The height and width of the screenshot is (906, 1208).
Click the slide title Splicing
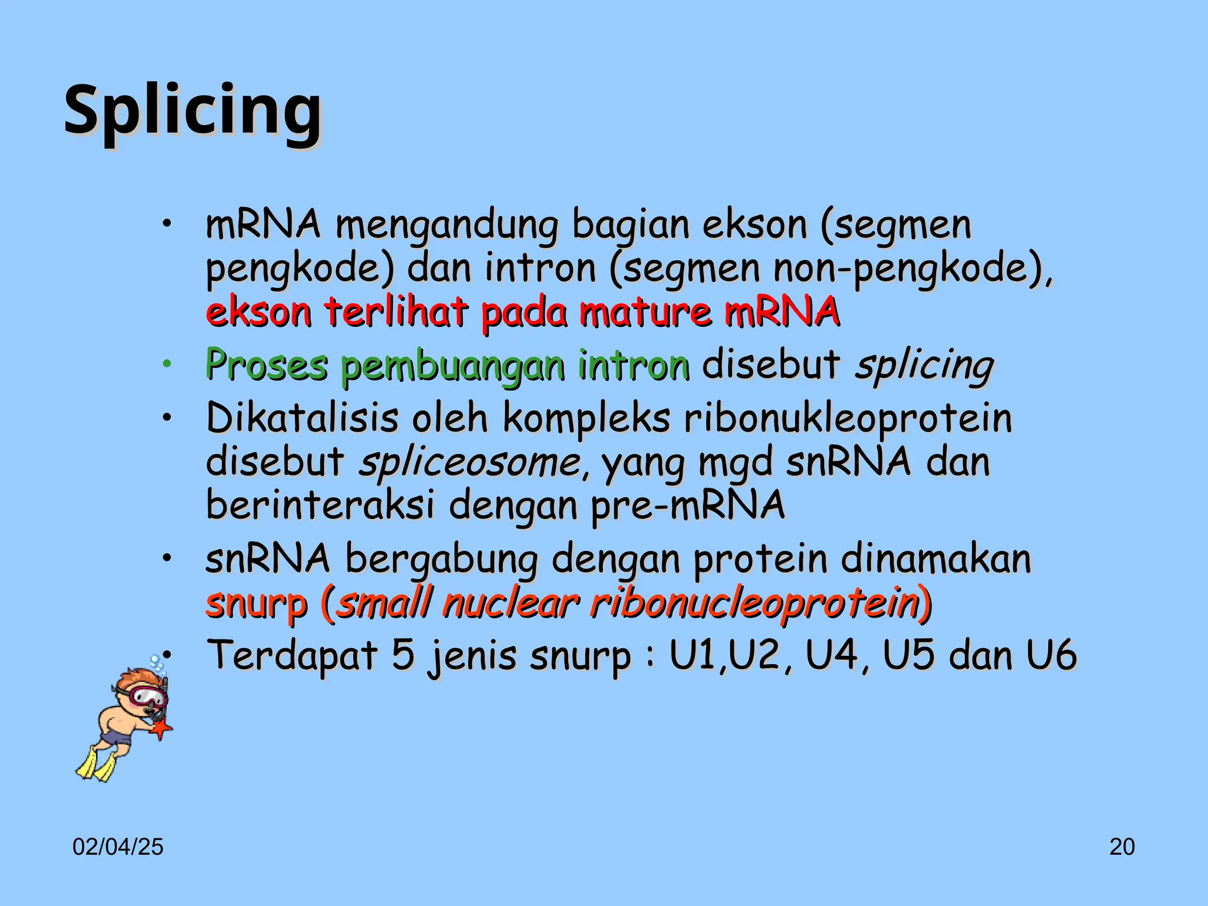tap(193, 110)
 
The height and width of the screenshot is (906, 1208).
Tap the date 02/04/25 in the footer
tap(118, 847)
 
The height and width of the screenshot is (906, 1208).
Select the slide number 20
tap(1122, 847)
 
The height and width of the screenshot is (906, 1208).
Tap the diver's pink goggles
tap(146, 695)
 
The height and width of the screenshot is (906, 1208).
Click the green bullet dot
tap(168, 364)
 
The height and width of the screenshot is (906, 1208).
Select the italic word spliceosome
tap(471, 462)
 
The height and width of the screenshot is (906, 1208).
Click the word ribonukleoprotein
tap(848, 418)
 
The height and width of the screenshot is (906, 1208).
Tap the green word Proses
tap(266, 364)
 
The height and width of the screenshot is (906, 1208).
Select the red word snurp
tap(257, 603)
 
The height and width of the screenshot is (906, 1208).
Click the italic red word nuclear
tap(511, 603)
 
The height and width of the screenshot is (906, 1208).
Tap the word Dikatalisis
tap(302, 418)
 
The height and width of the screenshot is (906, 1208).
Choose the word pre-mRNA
tap(688, 505)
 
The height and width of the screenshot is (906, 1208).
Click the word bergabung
tap(441, 559)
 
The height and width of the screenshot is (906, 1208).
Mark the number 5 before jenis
tap(403, 655)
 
